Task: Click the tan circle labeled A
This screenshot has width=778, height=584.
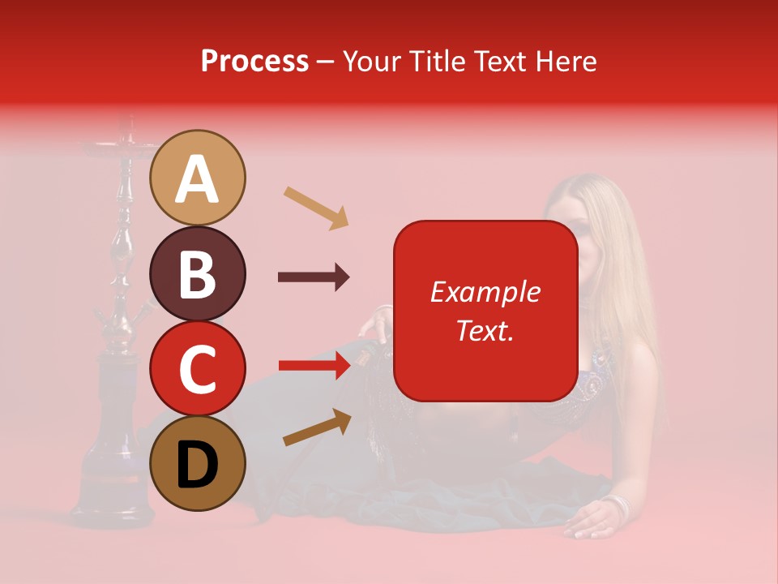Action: click(x=198, y=178)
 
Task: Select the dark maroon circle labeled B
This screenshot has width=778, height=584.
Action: click(x=198, y=273)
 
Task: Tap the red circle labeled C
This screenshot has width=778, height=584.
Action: click(x=198, y=368)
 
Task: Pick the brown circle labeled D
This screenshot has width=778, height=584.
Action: click(x=198, y=463)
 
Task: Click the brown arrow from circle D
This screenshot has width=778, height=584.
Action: click(x=317, y=427)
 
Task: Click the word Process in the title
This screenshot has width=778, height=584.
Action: click(x=254, y=61)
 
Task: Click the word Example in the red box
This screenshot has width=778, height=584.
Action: click(x=485, y=292)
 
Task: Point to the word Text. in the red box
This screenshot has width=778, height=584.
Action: click(x=485, y=330)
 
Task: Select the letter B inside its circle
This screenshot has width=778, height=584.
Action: click(x=198, y=274)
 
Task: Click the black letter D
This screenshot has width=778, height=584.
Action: click(x=198, y=464)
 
